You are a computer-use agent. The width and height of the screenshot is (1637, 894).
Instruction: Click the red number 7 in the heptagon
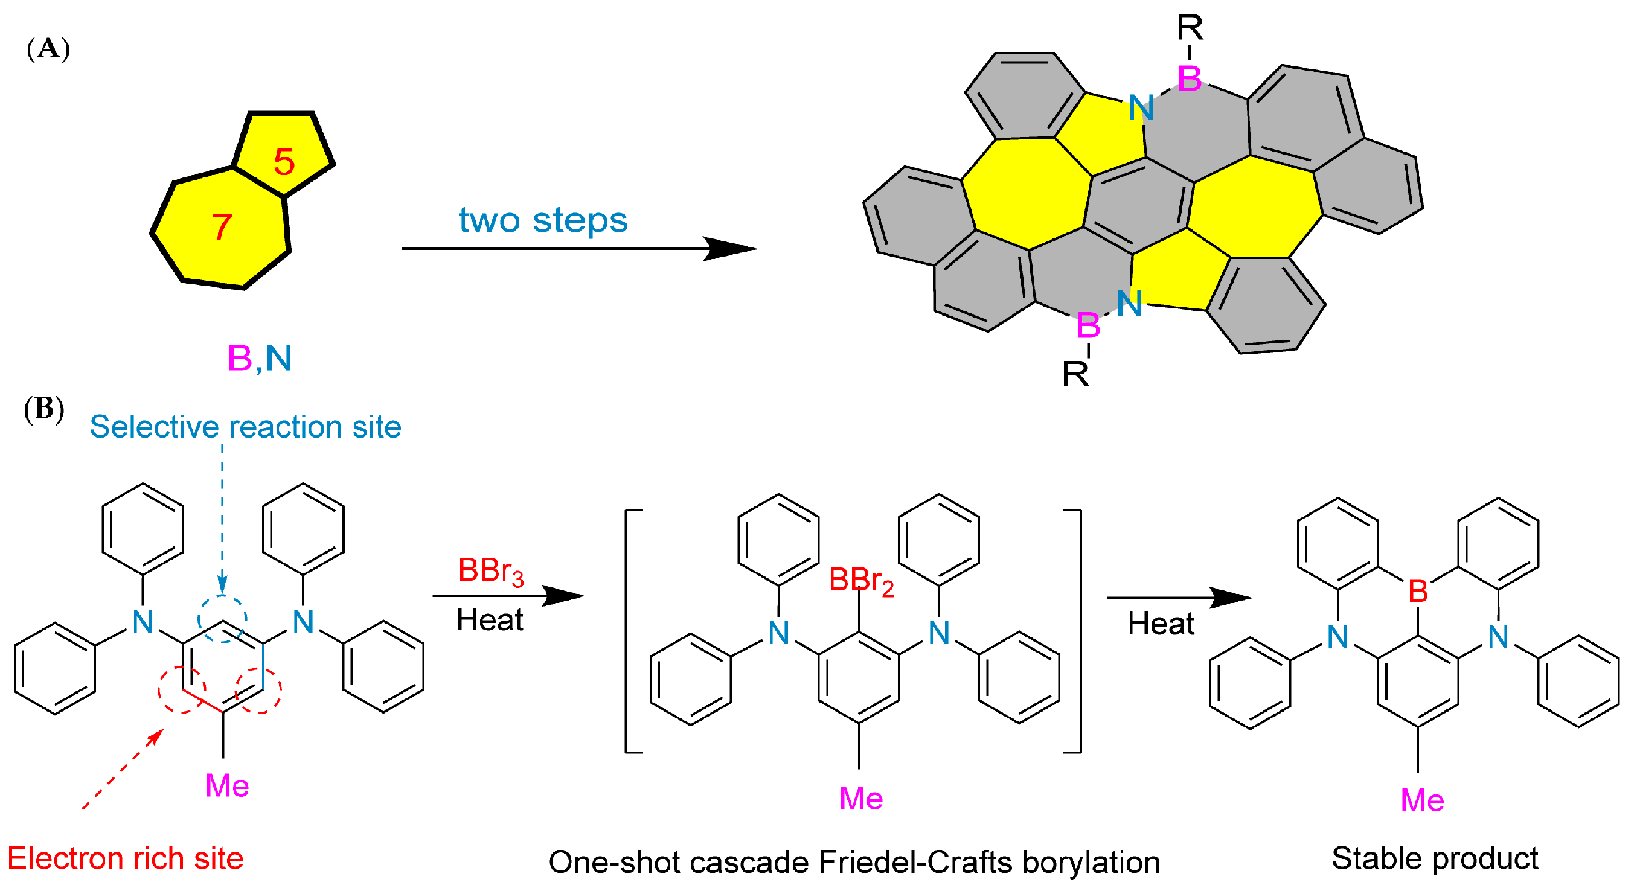222,227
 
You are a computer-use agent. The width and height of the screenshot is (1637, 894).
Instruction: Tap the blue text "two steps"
543,220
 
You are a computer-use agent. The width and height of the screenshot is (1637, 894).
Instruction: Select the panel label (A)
48,49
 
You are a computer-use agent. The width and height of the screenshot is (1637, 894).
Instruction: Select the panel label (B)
44,409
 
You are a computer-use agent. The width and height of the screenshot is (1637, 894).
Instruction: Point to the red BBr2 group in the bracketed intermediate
861,581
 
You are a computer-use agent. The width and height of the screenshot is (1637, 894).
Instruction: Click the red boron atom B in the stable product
1418,592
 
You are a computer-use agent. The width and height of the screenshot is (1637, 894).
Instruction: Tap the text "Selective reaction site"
245,426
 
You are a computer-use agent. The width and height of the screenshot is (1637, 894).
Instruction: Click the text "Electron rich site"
125,858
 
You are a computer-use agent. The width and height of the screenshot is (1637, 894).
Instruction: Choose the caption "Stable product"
1434,858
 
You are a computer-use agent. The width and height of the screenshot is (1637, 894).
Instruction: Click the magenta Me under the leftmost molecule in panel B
227,786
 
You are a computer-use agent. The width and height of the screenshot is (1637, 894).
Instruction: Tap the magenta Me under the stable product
1422,800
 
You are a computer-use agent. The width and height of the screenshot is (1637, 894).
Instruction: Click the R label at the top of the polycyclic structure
1190,28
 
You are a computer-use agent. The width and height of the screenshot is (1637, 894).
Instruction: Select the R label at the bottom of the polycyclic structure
1075,374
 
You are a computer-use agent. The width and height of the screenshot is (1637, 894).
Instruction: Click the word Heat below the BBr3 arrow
489,619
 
